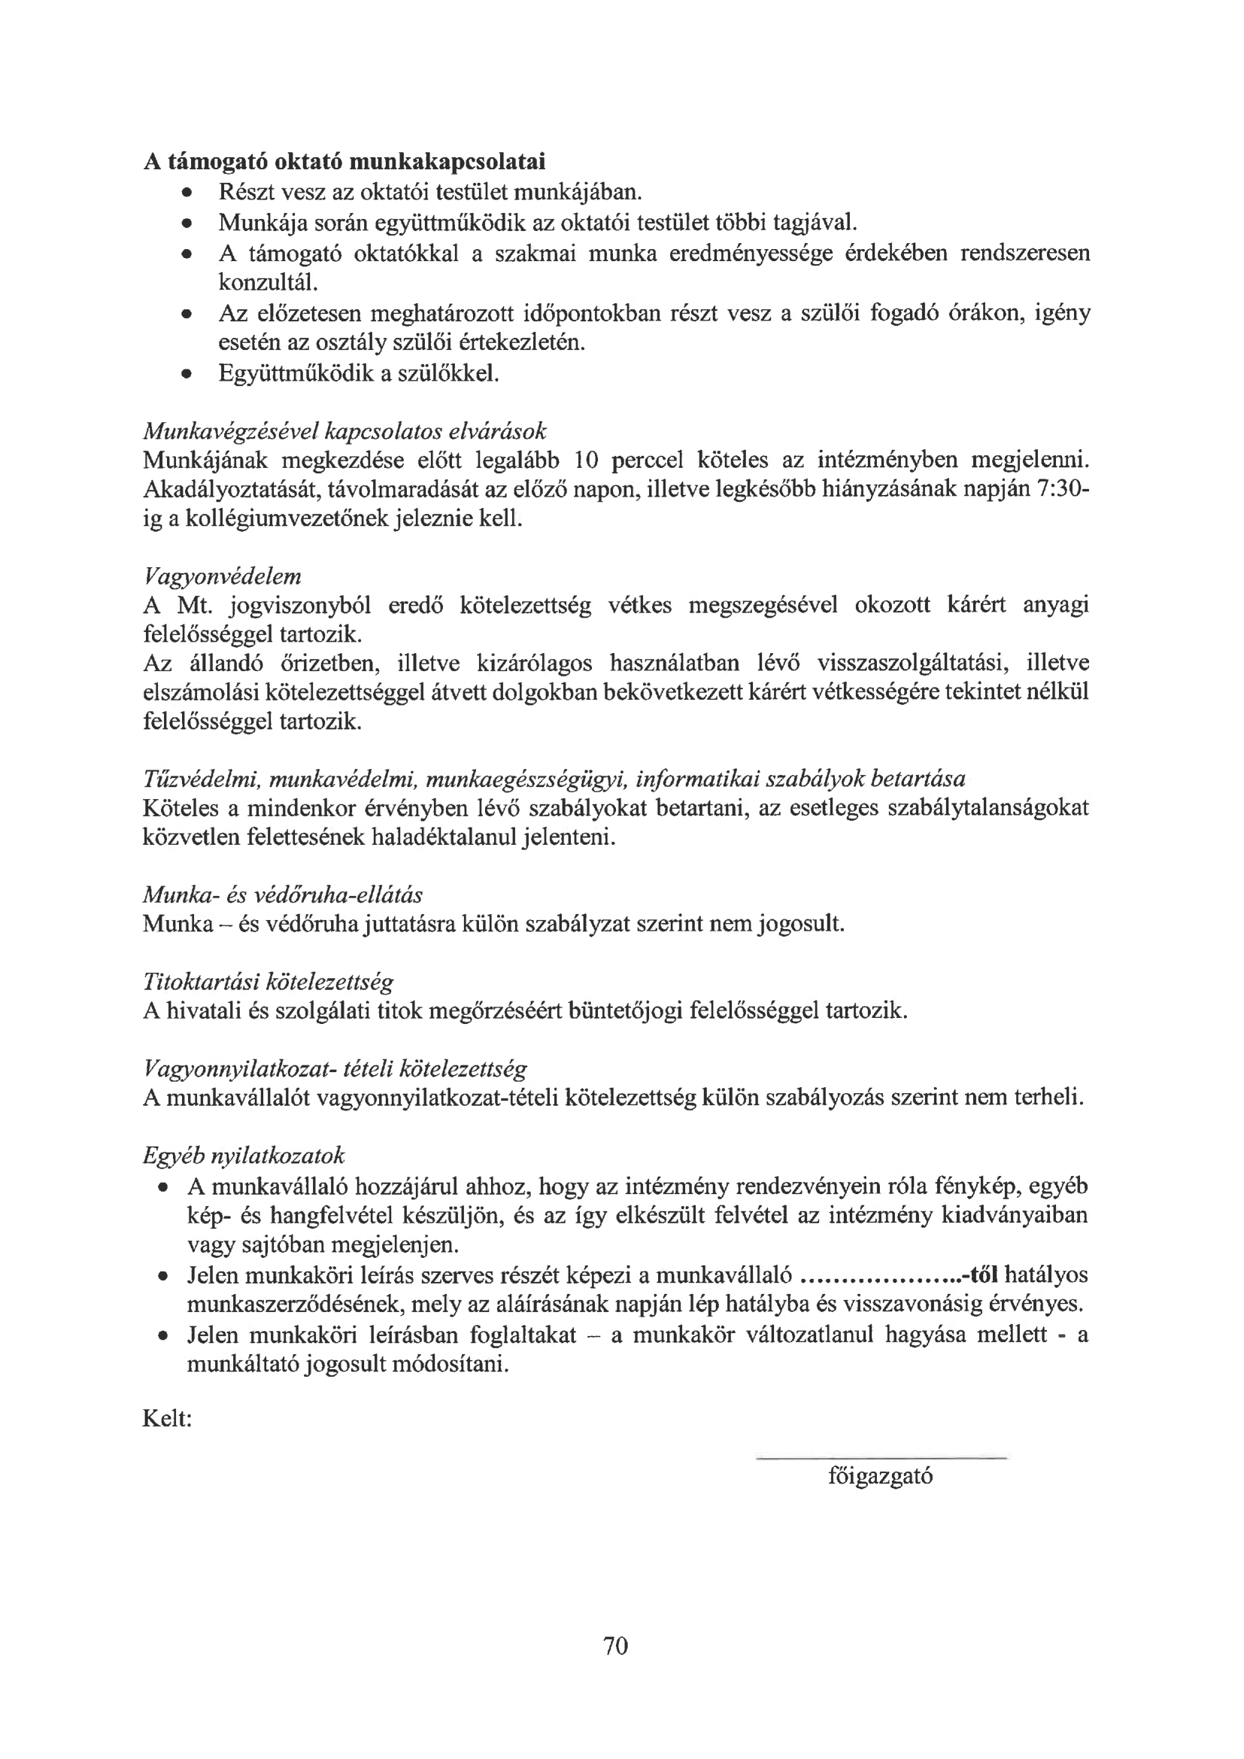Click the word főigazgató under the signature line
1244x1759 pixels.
(880, 1475)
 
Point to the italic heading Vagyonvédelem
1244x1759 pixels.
(222, 576)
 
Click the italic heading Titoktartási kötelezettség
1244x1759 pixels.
(268, 981)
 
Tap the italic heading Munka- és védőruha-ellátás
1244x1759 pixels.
(283, 895)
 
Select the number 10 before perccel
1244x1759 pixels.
(588, 460)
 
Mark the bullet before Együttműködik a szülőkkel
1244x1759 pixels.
(185, 375)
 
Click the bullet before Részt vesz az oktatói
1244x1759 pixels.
(185, 192)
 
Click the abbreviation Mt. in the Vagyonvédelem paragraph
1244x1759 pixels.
(194, 606)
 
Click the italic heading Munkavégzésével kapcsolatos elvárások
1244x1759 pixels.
(344, 430)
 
